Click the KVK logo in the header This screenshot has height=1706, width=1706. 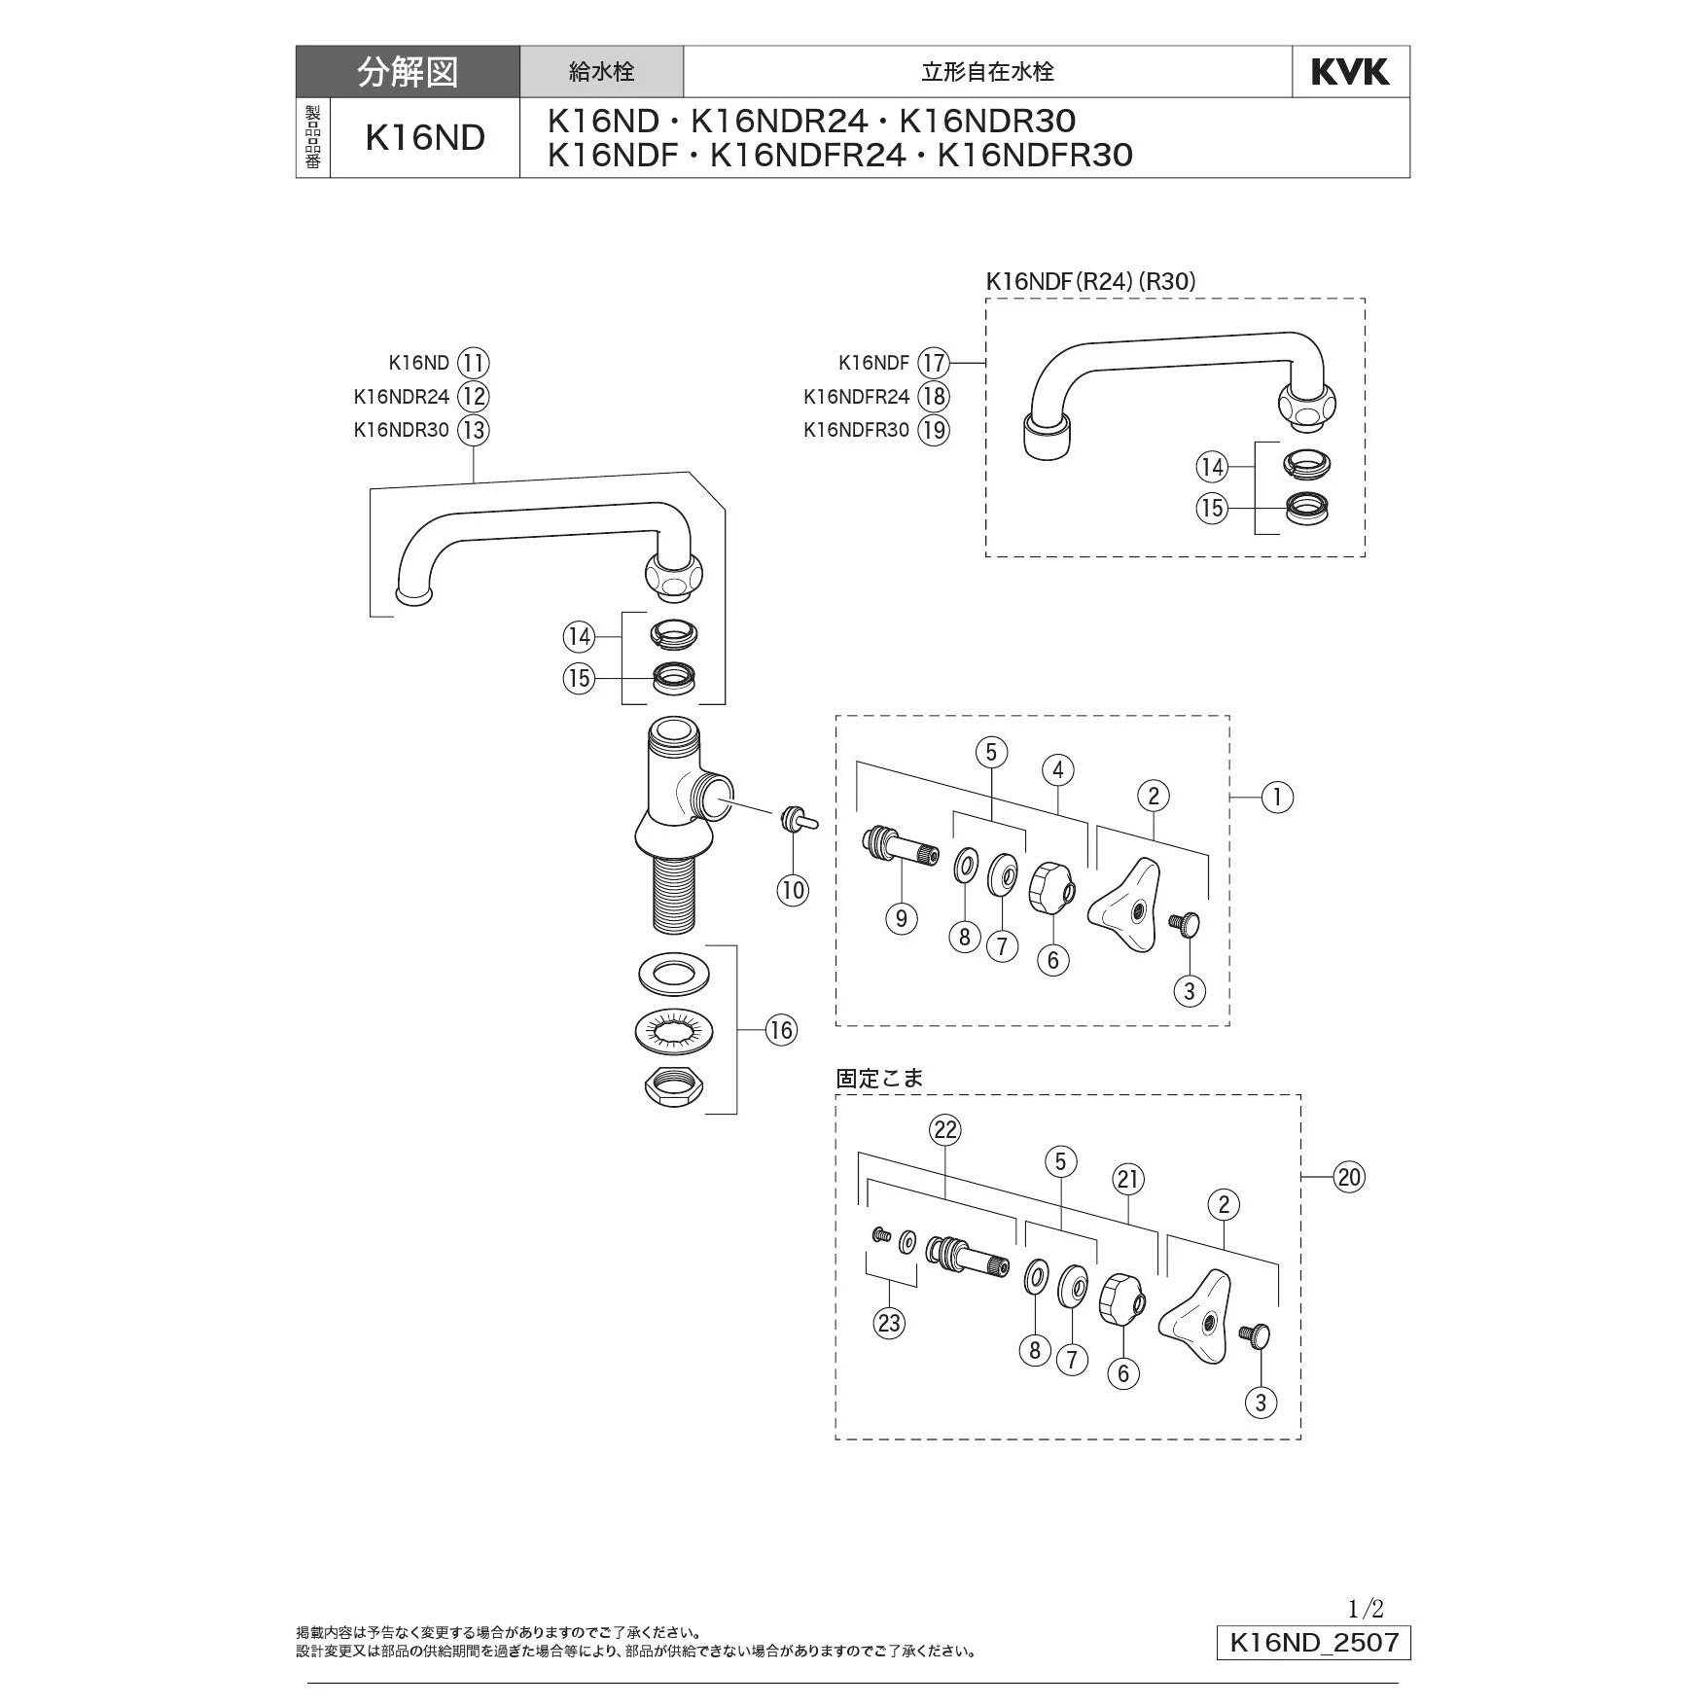(1350, 72)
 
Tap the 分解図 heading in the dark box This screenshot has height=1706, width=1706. (408, 72)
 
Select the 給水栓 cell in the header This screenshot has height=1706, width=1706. (601, 72)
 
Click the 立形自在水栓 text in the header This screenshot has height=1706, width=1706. (987, 72)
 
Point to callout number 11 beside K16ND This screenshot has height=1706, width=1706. (474, 363)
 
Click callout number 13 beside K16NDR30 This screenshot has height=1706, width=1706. (474, 430)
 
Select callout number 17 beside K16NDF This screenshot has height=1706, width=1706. (934, 363)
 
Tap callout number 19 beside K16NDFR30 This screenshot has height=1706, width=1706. (934, 430)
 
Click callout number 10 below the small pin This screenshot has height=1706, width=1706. (793, 890)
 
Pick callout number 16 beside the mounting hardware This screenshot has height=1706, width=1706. (781, 1030)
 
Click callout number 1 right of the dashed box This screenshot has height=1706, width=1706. (1277, 798)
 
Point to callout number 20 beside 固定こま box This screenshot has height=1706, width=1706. (1349, 1178)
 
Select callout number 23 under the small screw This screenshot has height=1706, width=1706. (889, 1323)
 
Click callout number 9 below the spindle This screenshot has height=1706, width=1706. (902, 918)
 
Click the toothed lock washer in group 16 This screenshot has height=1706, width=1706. (672, 1029)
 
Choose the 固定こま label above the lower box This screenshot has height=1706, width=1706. (879, 1078)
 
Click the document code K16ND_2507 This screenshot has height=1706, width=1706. (1313, 1644)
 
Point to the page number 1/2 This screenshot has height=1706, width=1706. (1366, 1609)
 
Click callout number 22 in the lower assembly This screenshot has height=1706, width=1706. (945, 1130)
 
